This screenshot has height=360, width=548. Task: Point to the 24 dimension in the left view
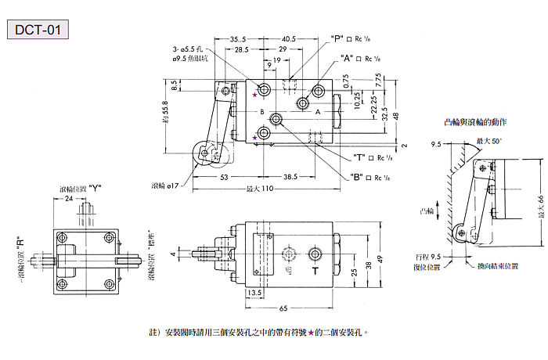69,199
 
